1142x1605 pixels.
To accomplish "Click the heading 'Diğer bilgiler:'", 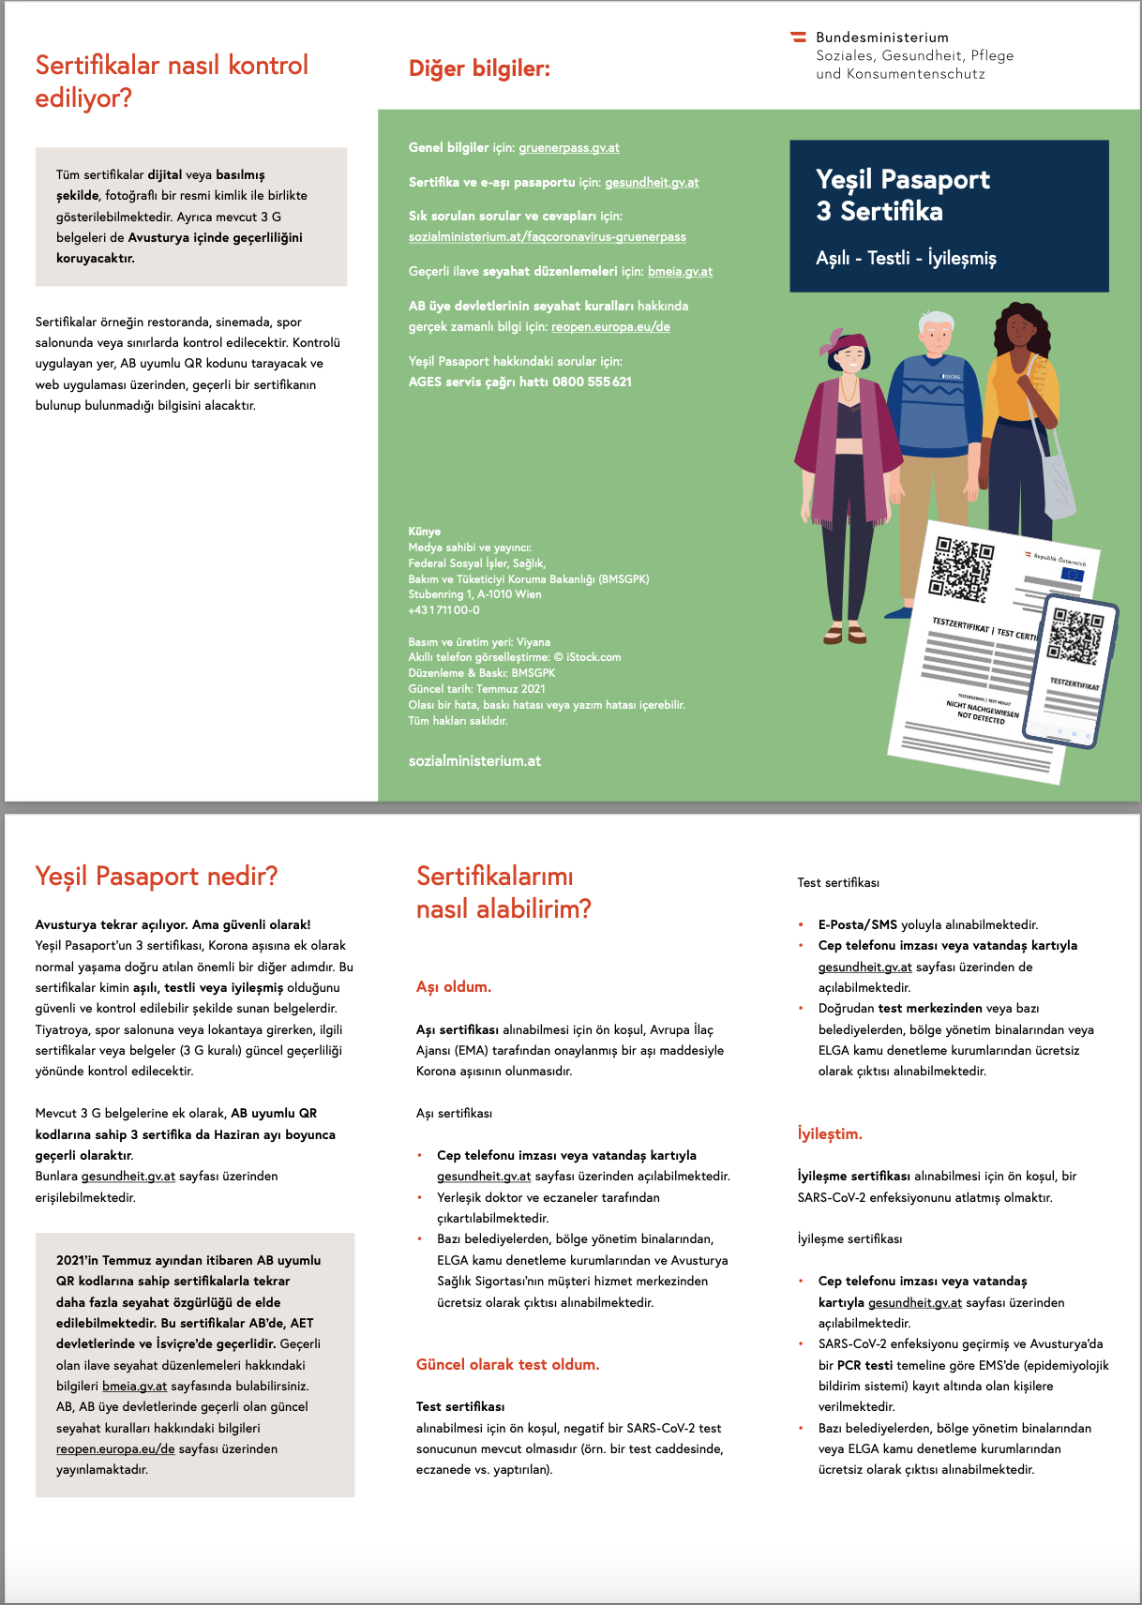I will [x=479, y=68].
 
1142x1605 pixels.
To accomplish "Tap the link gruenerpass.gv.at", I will [x=568, y=148].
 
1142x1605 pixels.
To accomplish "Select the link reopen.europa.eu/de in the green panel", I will [x=610, y=327].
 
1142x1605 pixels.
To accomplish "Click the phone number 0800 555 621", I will [x=592, y=382].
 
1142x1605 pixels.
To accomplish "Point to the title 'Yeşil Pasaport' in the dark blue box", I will [x=902, y=179].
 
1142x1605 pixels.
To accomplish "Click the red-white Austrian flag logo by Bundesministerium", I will [x=799, y=37].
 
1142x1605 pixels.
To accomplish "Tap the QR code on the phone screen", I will [x=1074, y=636].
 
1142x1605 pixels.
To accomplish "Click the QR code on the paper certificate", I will [x=960, y=569].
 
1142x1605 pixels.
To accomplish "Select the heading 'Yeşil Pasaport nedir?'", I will [x=157, y=877].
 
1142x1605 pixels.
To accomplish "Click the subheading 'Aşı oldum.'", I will [x=454, y=987].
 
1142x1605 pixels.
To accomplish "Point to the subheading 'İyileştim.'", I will [x=830, y=1134].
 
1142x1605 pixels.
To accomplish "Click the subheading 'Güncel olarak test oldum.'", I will [x=507, y=1365].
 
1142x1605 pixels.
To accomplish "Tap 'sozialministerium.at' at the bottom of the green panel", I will [x=474, y=761].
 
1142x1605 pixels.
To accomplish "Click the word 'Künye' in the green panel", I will [x=424, y=532].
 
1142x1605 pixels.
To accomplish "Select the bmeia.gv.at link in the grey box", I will [x=134, y=1387].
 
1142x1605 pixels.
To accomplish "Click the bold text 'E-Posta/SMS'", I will [x=857, y=925].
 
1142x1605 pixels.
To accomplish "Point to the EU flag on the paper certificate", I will [x=1072, y=575].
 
